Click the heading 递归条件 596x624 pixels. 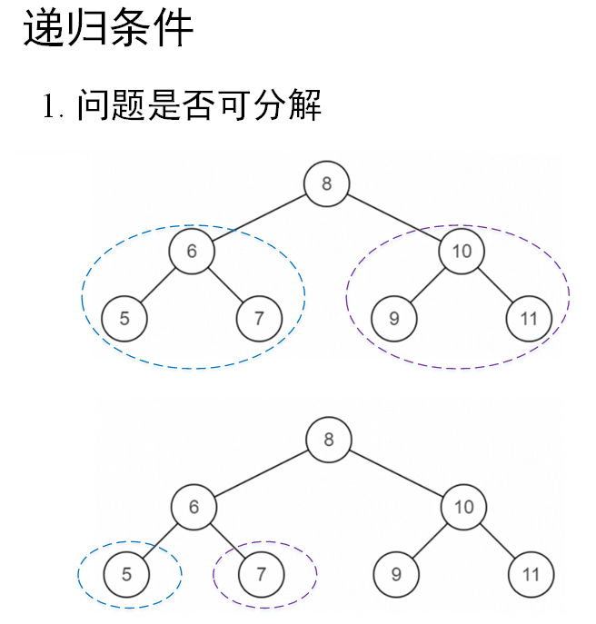coord(108,29)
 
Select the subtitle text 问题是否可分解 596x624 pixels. coord(199,105)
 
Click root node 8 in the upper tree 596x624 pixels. coord(326,184)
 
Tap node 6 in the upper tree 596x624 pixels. coord(192,252)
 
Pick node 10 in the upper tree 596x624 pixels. coord(462,252)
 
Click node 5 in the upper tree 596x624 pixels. coord(124,319)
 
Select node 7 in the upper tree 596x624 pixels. coord(259,319)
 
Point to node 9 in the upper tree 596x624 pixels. coord(394,319)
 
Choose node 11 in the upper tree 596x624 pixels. coord(530,319)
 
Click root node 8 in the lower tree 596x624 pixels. coord(328,441)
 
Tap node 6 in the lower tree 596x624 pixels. coord(194,507)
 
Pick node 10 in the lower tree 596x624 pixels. coord(463,507)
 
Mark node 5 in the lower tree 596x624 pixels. coord(126,574)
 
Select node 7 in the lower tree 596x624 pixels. coord(262,574)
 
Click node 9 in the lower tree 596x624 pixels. coord(396,574)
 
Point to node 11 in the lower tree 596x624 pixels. coord(531,574)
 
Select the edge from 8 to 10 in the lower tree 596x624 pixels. coord(396,474)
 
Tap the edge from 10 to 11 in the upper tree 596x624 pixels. coord(496,285)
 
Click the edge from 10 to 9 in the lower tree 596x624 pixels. coord(430,540)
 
